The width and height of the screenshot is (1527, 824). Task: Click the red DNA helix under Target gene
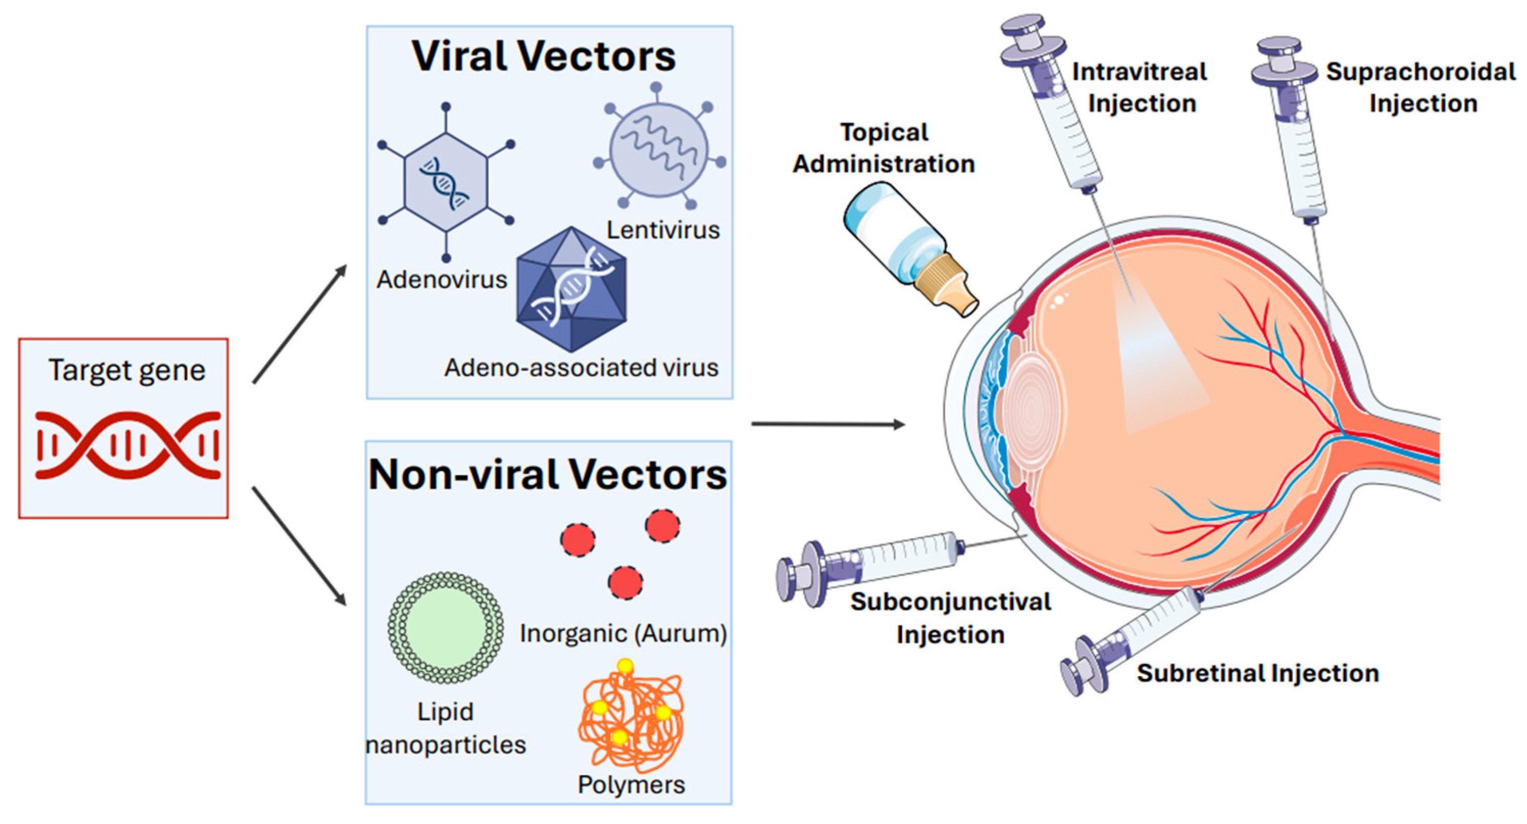(128, 444)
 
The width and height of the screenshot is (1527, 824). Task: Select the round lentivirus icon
(658, 148)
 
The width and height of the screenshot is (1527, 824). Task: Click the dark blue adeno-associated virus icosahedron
(571, 289)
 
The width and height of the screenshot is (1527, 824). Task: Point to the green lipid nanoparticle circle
(445, 627)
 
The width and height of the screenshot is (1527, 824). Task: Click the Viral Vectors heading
(544, 56)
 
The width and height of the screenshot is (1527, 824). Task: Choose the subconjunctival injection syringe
(877, 563)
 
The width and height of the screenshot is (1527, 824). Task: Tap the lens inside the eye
(1029, 409)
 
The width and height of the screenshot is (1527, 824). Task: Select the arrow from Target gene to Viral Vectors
(299, 324)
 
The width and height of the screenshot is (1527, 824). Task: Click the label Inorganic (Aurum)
(623, 633)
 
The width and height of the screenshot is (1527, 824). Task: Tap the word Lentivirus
(663, 230)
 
